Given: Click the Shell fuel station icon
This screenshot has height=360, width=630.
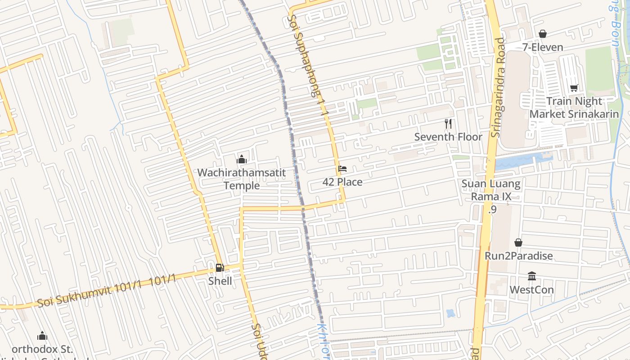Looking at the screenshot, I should click(x=219, y=268).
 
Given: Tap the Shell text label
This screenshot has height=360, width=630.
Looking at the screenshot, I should click(x=220, y=281).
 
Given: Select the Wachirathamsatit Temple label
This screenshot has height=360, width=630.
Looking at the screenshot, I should click(x=242, y=179).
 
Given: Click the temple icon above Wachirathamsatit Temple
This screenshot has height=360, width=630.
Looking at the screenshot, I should click(x=242, y=159).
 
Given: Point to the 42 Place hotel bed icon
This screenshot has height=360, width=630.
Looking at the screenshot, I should click(x=342, y=169).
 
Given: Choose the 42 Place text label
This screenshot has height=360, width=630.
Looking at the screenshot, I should click(x=342, y=182).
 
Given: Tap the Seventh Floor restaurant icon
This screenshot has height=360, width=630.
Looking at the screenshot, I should click(x=448, y=123).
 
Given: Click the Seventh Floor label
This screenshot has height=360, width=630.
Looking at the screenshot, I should click(x=448, y=137).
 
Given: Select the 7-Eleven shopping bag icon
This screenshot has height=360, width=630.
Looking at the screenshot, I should click(x=543, y=34).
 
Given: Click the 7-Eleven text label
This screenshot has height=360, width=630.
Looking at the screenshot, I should click(x=543, y=47).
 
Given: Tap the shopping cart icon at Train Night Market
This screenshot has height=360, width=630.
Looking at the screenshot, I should click(x=574, y=88).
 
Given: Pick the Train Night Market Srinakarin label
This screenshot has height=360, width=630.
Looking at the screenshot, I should click(x=574, y=108).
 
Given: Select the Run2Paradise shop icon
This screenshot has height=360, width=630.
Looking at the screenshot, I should click(x=518, y=243).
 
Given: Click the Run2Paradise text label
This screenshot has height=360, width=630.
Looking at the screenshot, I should click(x=518, y=256).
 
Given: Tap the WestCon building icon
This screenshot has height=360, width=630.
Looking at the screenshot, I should click(x=532, y=276).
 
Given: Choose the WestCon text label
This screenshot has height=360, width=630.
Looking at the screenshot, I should click(x=532, y=289).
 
